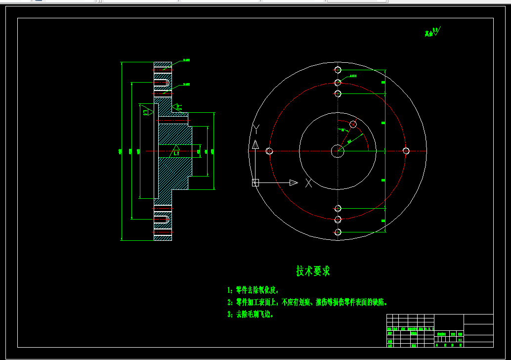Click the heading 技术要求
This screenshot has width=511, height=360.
click(x=313, y=271)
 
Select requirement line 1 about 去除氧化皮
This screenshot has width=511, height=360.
click(x=254, y=290)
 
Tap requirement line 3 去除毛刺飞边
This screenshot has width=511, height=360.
click(x=251, y=314)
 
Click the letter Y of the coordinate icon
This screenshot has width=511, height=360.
click(x=256, y=129)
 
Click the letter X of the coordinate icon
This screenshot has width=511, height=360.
click(x=308, y=182)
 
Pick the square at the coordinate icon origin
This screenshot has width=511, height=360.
click(x=255, y=182)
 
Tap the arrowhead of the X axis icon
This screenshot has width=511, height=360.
click(x=294, y=182)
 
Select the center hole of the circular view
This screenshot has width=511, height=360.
click(x=338, y=151)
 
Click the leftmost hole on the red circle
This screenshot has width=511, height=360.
click(x=269, y=151)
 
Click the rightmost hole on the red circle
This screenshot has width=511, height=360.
click(x=406, y=151)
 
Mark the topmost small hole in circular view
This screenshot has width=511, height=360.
click(x=338, y=70)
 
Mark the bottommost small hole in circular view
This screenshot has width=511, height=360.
click(x=338, y=232)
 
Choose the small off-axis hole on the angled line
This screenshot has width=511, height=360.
click(x=353, y=124)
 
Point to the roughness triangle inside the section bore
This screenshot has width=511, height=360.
click(x=175, y=148)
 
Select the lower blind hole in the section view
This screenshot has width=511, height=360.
click(x=162, y=219)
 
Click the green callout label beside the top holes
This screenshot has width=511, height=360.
click(x=353, y=76)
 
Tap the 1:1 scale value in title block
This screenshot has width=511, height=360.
click(x=460, y=340)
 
